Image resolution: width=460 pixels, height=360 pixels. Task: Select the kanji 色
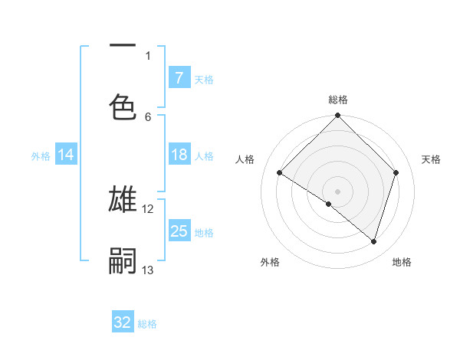[x=123, y=106]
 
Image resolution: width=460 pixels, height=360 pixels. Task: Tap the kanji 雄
[x=123, y=199]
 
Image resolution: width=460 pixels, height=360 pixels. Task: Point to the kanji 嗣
[x=123, y=260]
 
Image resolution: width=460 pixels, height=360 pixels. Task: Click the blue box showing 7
[x=179, y=78]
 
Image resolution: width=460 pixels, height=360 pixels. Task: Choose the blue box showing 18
[x=179, y=155]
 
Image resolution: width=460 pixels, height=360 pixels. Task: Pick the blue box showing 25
[x=179, y=231]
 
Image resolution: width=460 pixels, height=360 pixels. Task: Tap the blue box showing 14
[x=66, y=155]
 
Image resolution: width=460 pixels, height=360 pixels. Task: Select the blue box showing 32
[x=123, y=322]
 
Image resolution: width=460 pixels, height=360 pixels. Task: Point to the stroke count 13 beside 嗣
[x=148, y=270]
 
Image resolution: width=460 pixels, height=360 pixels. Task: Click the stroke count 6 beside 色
[x=148, y=116]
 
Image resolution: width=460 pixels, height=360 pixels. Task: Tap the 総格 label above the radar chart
[x=338, y=100]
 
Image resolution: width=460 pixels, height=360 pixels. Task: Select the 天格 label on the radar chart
[x=432, y=159]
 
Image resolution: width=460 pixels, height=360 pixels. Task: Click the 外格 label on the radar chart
[x=270, y=262]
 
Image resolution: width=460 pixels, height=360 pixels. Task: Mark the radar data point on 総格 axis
[x=338, y=116]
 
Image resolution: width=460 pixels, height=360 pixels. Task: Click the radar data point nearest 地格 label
[x=373, y=241]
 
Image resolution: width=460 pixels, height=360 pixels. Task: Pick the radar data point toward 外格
[x=329, y=204]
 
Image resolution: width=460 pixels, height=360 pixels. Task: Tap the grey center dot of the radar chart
[x=338, y=191]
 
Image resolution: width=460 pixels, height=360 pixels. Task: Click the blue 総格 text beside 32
[x=147, y=323]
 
